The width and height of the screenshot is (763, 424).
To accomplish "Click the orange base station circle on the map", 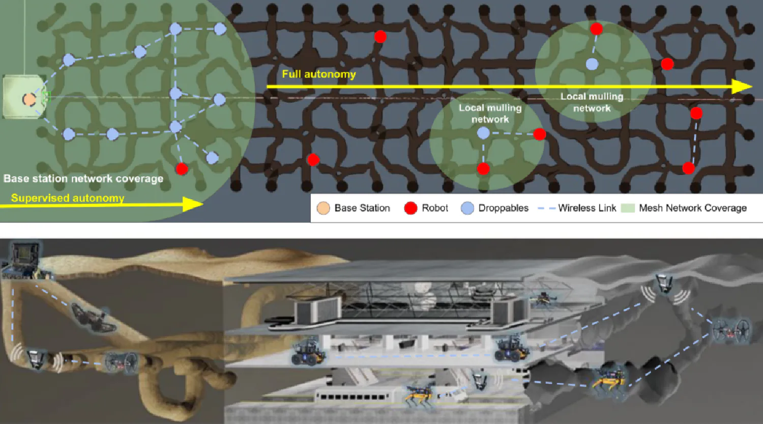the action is tap(29, 99).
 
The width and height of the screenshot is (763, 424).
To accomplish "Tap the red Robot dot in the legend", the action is tap(410, 208).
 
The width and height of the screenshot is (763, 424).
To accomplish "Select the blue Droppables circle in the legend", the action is tap(467, 208).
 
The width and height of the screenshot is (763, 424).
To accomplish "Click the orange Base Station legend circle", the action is tap(323, 208).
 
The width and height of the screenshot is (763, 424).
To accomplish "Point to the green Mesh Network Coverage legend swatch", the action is tap(628, 208).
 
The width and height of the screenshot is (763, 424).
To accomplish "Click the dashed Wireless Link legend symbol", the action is tap(546, 208).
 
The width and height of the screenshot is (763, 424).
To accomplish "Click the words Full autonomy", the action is tap(319, 74).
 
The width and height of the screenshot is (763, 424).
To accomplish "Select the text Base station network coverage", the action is tap(83, 179).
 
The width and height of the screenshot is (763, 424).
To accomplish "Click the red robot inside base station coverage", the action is tap(182, 168).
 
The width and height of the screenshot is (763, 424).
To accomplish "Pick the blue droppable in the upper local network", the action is tap(592, 64).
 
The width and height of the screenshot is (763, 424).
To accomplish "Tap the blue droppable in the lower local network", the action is tap(483, 133).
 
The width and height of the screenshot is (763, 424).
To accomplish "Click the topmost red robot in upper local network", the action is tap(597, 29).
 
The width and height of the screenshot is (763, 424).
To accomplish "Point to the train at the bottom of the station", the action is tap(354, 397).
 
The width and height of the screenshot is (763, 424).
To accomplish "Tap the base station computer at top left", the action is tap(24, 261).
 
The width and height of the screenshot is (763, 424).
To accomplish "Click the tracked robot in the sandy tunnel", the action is tap(93, 318).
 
